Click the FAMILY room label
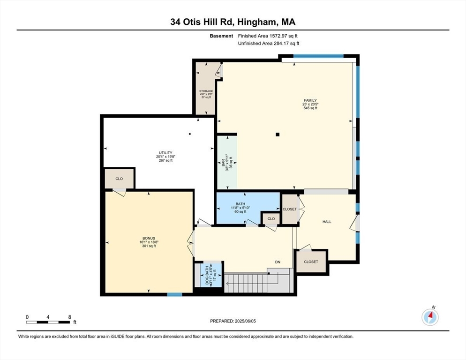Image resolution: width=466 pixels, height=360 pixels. (310, 100)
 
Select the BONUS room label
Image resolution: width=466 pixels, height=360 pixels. (149, 238)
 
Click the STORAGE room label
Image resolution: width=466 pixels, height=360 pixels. (206, 91)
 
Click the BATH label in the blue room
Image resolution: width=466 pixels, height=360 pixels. (241, 204)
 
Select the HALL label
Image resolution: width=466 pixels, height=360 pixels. (326, 222)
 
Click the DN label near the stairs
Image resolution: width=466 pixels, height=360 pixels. (278, 263)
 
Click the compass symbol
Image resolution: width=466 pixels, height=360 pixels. (430, 317)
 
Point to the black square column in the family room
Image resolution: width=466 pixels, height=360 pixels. (278, 135)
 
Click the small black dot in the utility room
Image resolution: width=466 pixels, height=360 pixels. (190, 134)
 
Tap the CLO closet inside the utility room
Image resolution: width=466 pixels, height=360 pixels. (119, 179)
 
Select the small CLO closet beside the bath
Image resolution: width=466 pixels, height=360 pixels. (271, 219)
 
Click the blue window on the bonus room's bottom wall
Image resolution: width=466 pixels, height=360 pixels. (174, 294)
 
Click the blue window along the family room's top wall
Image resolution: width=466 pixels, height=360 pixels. (318, 56)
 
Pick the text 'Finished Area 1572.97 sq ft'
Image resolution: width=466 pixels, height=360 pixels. (268, 36)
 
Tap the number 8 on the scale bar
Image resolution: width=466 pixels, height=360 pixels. (69, 317)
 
